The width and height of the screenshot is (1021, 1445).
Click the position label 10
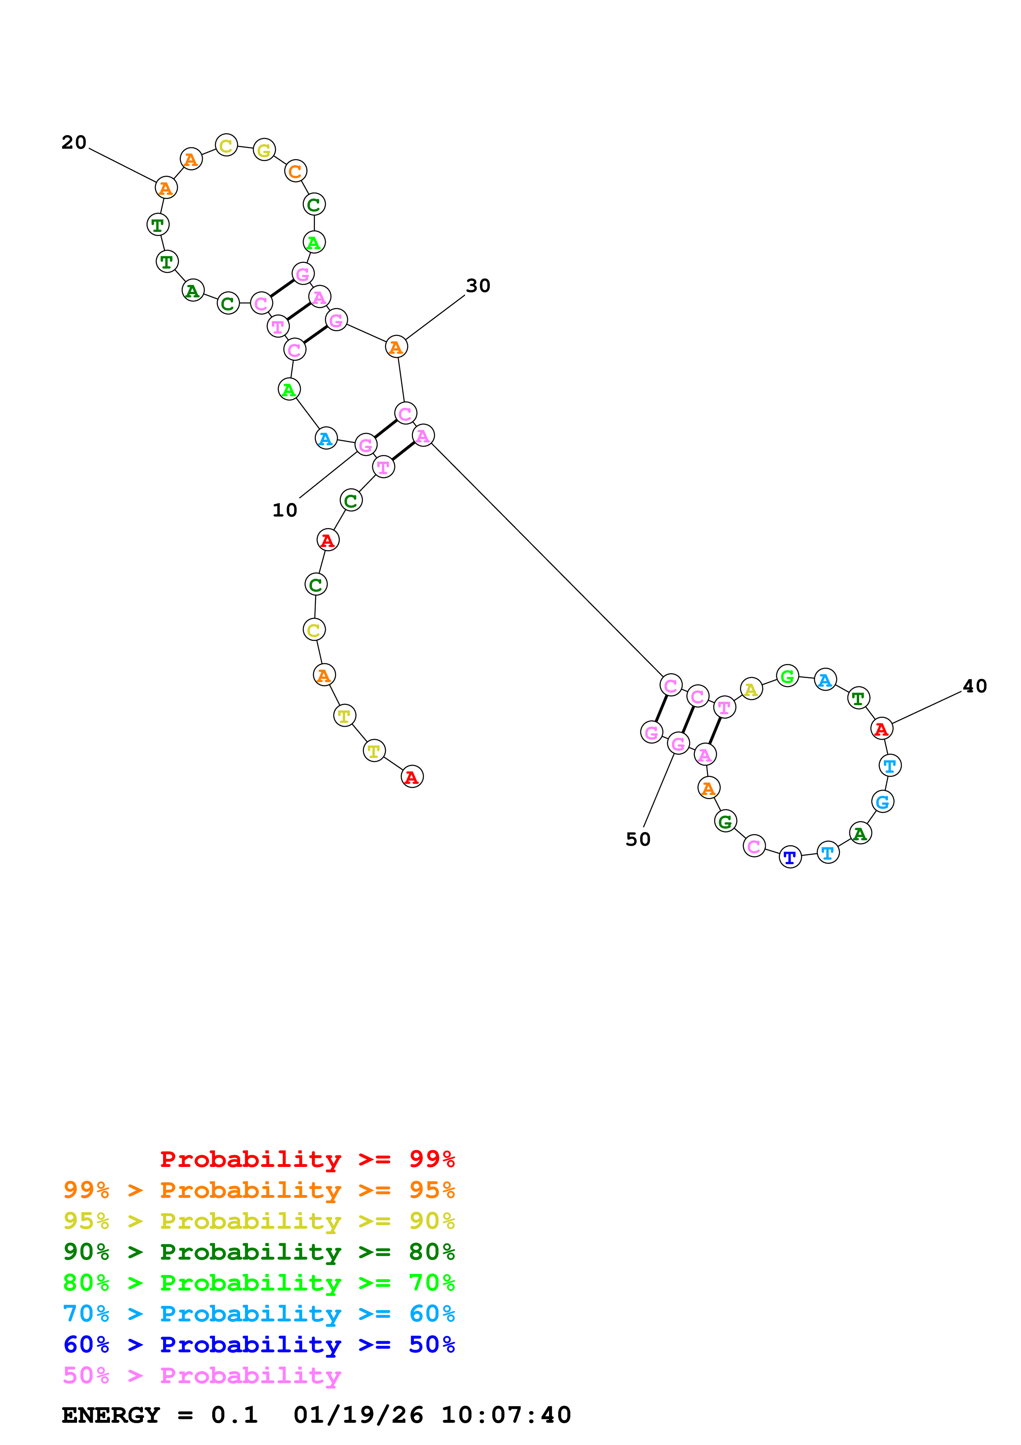pos(284,510)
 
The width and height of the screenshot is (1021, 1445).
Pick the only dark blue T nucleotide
pos(790,857)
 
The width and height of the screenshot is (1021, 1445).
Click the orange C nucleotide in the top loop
pos(295,171)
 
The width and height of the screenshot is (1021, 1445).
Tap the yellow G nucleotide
pos(264,150)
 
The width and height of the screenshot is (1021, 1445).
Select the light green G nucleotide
pos(787,676)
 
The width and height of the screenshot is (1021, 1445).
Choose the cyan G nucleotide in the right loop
pos(883,802)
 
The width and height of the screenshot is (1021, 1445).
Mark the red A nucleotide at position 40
pos(881,728)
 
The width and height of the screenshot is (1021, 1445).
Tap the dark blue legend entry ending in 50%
pos(259,1344)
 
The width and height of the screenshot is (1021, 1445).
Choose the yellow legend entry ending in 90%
pos(259,1221)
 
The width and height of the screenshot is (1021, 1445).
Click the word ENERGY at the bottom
pos(111,1415)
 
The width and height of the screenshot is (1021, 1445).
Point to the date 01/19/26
pos(358,1415)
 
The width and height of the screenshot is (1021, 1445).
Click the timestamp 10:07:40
pos(506,1415)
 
